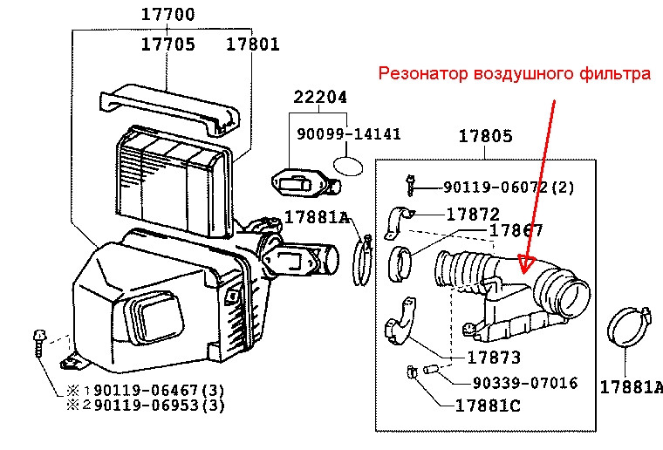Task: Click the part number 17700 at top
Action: (x=168, y=15)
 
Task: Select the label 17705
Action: (x=168, y=44)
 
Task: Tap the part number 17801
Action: (x=253, y=44)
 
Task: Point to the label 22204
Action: (x=319, y=100)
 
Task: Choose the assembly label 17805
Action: (x=485, y=136)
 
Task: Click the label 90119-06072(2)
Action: (x=509, y=187)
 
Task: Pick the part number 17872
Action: (x=473, y=214)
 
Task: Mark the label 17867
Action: (x=516, y=231)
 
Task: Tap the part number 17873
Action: (x=493, y=358)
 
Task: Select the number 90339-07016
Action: (x=525, y=383)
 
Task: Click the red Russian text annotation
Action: (x=515, y=74)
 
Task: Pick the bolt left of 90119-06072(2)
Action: (x=410, y=184)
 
